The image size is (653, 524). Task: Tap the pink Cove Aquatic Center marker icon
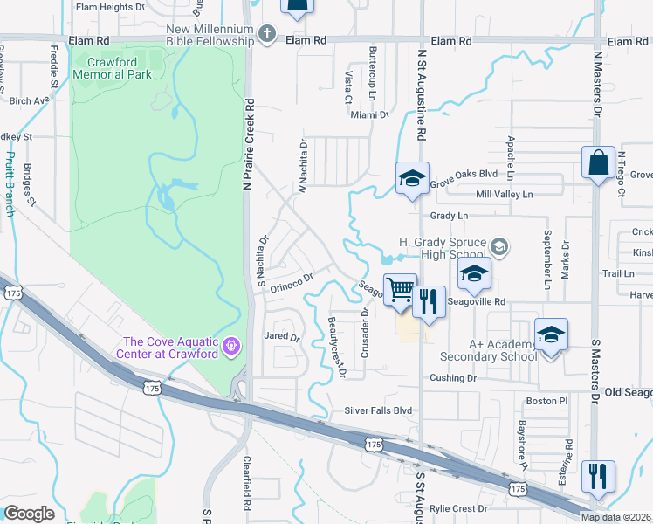[230, 347]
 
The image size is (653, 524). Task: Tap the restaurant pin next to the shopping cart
[427, 302]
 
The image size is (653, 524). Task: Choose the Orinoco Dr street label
[291, 282]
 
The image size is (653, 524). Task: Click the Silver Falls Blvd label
[378, 410]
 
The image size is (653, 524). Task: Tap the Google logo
[29, 514]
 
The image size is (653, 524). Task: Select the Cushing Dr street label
[453, 378]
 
